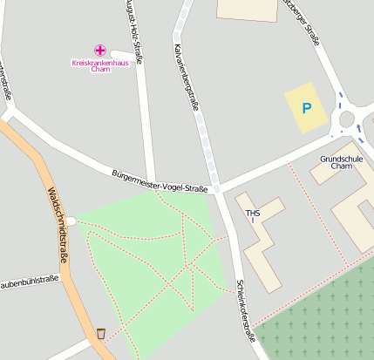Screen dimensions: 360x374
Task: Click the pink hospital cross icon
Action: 99,51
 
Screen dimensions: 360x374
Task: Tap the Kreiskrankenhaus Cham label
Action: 99,65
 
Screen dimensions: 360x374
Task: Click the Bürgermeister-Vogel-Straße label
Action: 160,181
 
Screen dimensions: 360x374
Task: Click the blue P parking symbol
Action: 306,108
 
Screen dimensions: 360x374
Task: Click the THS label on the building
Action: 253,214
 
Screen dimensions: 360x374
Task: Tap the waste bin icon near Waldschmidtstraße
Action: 101,333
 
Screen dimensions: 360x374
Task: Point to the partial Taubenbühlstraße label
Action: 29,281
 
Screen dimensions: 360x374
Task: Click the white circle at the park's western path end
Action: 72,221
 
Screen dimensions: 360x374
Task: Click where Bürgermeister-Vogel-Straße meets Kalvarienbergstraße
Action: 215,187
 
